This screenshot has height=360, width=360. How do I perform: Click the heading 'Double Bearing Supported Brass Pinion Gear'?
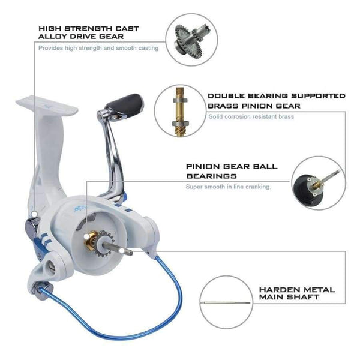pyautogui.click(x=277, y=100)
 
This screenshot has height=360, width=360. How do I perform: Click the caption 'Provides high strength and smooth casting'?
pyautogui.click(x=98, y=48)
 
